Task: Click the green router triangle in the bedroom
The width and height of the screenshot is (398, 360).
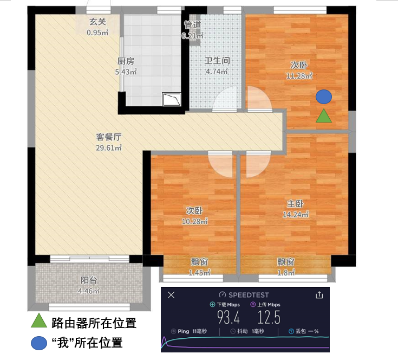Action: point(324,116)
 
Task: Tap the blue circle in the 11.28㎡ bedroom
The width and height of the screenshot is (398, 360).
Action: point(324,97)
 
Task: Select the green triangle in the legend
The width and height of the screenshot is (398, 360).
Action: point(39,320)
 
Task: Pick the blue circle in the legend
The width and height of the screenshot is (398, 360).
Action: point(39,343)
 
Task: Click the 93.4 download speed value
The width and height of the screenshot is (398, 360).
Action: point(228,318)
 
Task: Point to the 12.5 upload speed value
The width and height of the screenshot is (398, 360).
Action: point(269,318)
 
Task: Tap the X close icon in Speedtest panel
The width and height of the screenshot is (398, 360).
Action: point(171,295)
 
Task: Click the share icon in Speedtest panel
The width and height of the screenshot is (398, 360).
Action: point(319,295)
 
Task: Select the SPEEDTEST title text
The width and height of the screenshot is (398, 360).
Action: point(249,295)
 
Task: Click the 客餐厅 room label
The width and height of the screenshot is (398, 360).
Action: point(109,137)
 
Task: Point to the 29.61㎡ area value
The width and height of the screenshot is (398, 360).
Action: point(109,148)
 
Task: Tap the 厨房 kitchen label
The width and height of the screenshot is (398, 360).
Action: point(126,61)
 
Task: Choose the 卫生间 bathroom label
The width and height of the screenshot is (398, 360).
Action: point(217,61)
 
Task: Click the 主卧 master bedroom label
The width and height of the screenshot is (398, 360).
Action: point(296,203)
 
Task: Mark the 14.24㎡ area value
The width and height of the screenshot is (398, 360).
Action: point(296,215)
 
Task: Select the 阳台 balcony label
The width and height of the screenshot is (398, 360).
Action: point(89,280)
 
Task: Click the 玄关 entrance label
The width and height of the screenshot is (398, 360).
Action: point(97,22)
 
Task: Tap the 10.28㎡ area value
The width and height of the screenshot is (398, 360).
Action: point(195,222)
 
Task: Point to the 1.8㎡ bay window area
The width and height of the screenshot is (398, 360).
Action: point(286,273)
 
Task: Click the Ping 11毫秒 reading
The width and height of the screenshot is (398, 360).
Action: point(189,331)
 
